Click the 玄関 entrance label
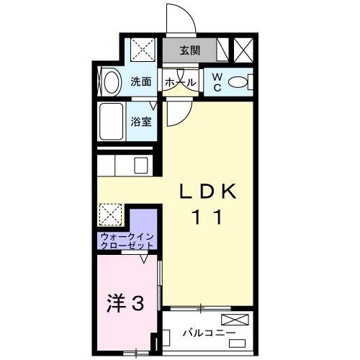[190, 51]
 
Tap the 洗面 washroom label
[141, 81]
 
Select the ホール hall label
[180, 82]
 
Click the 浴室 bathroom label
[141, 122]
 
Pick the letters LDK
[208, 191]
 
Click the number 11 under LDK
[208, 216]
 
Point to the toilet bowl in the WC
[240, 82]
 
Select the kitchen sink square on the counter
[141, 165]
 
